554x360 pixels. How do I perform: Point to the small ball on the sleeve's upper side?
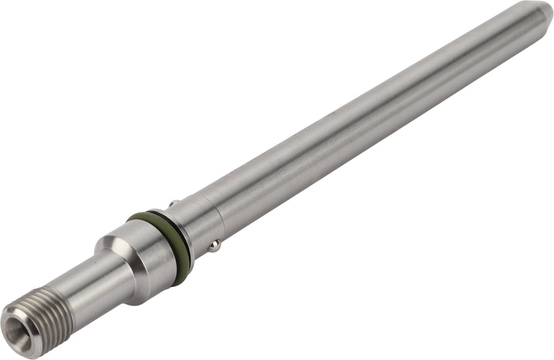[x=173, y=204]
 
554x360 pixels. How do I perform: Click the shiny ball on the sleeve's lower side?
[x=215, y=246]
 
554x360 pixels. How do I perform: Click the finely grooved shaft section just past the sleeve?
[x=243, y=200]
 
